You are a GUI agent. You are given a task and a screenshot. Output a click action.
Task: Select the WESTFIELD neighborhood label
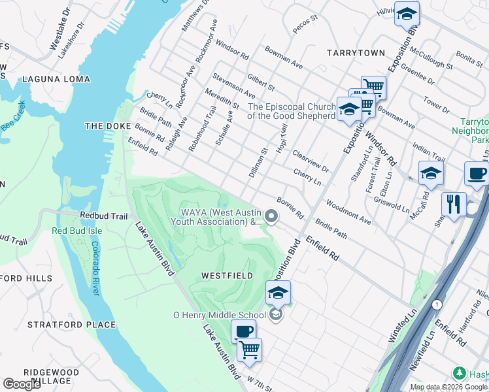tap(228, 276)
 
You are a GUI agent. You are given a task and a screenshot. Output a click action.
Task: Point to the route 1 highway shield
tap(436, 304)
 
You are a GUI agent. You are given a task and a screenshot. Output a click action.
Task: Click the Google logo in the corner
tap(22, 384)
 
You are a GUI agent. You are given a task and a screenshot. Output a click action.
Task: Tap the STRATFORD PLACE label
tap(71, 325)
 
